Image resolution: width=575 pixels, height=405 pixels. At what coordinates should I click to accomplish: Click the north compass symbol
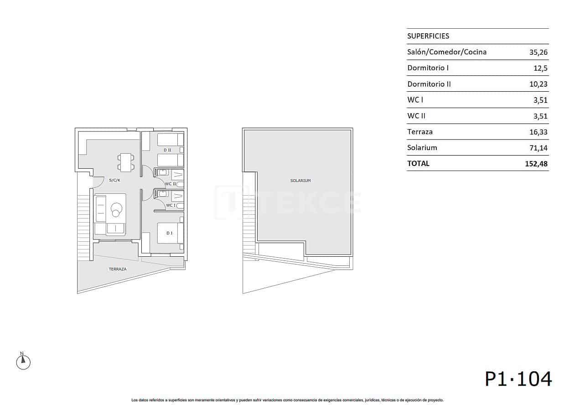click(23, 362)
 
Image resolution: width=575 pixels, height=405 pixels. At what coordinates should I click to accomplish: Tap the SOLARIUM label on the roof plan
click(300, 181)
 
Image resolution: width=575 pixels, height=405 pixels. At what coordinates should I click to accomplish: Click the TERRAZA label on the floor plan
click(118, 269)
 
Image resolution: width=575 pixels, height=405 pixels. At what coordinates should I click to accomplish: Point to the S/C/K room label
click(114, 180)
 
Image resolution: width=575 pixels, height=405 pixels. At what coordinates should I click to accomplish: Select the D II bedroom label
click(167, 150)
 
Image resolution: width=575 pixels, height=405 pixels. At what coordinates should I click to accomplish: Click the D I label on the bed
click(169, 233)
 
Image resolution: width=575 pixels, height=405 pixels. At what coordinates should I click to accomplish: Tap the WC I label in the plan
click(171, 205)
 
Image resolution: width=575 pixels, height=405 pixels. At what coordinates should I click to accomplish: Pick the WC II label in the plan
click(171, 184)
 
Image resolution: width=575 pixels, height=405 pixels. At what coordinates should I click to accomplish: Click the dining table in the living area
click(126, 162)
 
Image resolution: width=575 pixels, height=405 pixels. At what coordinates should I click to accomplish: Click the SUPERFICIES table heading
click(428, 36)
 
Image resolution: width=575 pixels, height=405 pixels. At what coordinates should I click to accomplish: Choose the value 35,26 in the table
click(538, 52)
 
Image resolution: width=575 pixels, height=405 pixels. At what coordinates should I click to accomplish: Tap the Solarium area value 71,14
click(538, 148)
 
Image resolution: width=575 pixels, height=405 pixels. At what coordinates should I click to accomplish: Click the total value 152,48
click(536, 163)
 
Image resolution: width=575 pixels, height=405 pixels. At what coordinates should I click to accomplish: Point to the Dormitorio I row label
click(428, 68)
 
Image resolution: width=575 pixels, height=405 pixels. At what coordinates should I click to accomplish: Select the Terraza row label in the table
click(420, 132)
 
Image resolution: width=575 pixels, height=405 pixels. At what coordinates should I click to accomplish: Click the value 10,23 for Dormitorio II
click(538, 84)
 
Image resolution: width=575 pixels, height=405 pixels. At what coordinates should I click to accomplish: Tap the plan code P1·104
click(518, 379)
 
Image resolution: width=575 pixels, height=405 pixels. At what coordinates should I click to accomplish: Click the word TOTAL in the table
click(418, 163)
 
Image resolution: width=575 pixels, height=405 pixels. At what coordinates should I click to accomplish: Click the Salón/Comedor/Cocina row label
click(446, 52)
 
